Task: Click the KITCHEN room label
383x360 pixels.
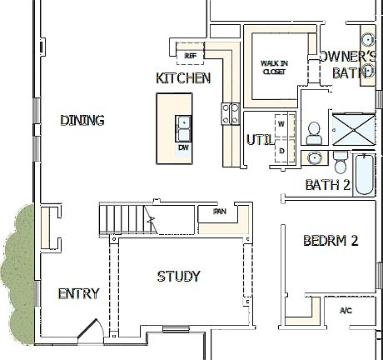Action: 183,78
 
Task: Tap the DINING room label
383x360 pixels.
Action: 82,121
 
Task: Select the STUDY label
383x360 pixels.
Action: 179,276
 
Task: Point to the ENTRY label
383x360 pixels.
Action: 78,293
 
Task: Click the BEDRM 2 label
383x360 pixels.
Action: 331,241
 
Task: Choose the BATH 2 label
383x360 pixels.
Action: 327,185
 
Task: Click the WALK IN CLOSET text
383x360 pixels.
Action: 274,67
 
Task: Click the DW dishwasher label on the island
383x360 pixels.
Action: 183,147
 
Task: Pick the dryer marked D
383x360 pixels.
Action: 281,149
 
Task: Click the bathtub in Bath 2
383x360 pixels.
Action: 364,175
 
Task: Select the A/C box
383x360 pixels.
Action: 346,311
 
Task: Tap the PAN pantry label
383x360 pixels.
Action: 220,212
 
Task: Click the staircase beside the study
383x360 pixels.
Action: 125,218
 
